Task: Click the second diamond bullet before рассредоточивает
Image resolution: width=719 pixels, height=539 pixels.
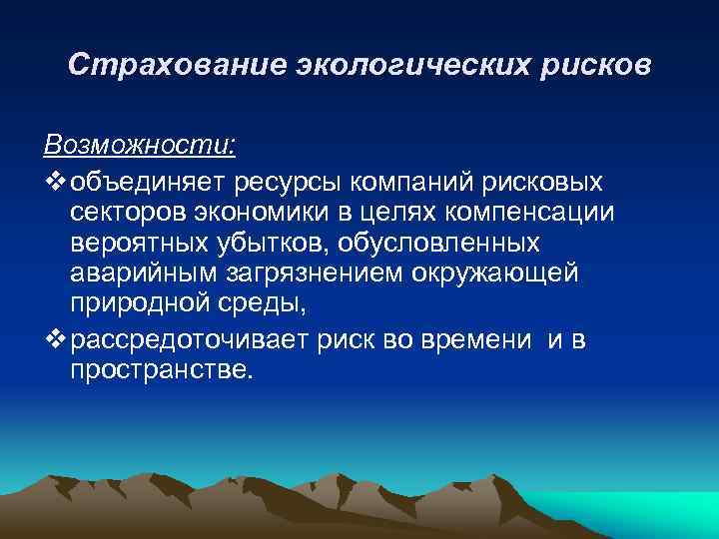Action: (x=54, y=341)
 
